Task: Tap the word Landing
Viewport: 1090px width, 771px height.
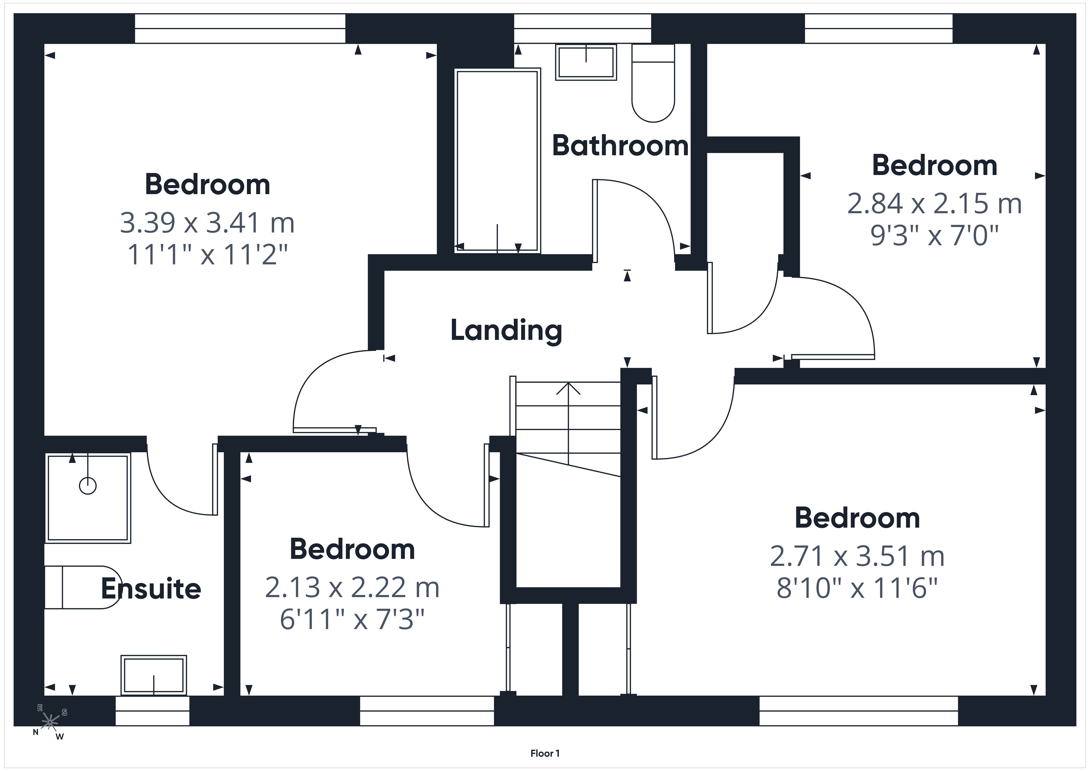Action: pos(506,331)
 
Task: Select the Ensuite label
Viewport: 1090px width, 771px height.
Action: pos(151,589)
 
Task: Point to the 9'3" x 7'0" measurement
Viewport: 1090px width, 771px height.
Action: pos(934,235)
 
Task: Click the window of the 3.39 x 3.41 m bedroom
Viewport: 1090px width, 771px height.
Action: pos(240,28)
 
